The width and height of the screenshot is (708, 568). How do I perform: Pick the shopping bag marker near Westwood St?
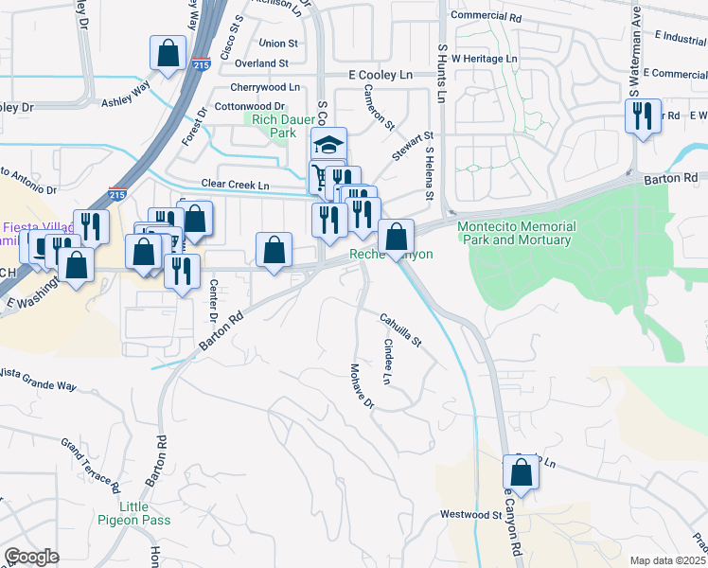(521, 471)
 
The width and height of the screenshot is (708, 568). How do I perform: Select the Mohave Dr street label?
(363, 386)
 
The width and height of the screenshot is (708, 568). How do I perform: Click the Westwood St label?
(470, 514)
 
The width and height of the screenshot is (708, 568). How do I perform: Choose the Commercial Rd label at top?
(487, 16)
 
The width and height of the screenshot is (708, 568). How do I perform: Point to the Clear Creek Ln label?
(235, 184)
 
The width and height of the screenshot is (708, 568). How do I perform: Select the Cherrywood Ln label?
(258, 86)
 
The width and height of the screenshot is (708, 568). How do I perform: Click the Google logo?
(31, 557)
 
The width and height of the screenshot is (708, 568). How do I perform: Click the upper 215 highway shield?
(200, 64)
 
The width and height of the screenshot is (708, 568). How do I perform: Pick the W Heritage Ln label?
(485, 59)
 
